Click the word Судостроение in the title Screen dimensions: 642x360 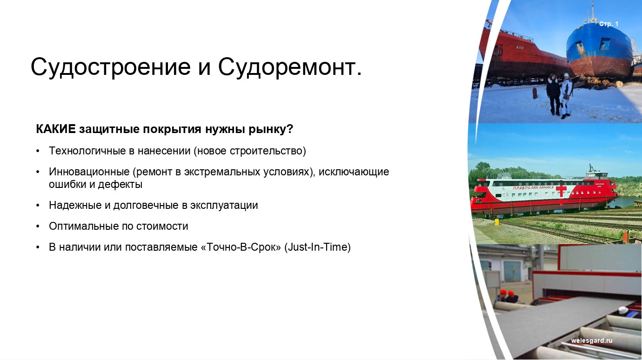click(x=111, y=67)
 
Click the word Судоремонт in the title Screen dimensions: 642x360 click(x=288, y=67)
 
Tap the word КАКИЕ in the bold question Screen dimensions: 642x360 click(x=56, y=129)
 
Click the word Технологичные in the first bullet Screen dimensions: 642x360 click(x=87, y=151)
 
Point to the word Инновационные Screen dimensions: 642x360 click(x=89, y=172)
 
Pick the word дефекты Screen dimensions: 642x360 click(x=120, y=184)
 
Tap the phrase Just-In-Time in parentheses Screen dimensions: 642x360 click(x=317, y=247)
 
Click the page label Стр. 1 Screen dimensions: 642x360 click(x=609, y=24)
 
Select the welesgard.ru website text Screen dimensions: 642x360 click(x=592, y=340)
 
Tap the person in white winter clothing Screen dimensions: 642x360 click(x=566, y=95)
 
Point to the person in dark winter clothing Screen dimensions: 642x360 click(x=553, y=94)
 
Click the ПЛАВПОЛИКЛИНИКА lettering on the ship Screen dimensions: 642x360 click(x=534, y=188)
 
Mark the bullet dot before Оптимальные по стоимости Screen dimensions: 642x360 click(x=38, y=227)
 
